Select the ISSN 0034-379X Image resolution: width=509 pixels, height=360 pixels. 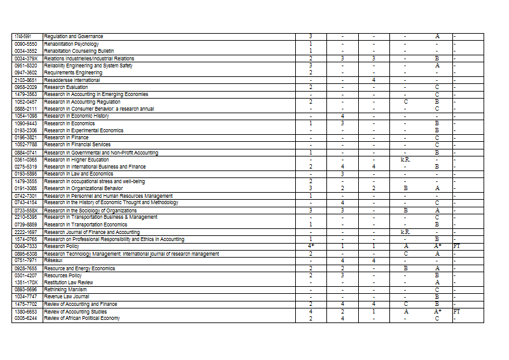click(x=27, y=59)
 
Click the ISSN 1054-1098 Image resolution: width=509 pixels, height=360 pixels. click(x=27, y=116)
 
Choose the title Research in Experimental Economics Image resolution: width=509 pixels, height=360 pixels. click(x=83, y=130)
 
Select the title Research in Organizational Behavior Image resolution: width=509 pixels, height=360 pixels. click(x=83, y=188)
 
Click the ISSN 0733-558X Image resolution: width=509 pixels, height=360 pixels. click(x=27, y=211)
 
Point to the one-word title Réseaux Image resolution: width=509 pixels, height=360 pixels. click(x=53, y=260)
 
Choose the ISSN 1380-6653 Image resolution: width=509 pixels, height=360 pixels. click(x=27, y=312)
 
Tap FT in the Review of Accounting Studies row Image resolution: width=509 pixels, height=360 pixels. click(x=457, y=312)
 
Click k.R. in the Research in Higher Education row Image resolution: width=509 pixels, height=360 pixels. click(x=405, y=160)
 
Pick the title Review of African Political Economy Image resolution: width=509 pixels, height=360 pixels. click(x=81, y=318)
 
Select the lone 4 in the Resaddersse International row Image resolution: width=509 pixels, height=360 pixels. click(x=374, y=80)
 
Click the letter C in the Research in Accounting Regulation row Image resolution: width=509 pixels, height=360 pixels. click(x=405, y=102)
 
